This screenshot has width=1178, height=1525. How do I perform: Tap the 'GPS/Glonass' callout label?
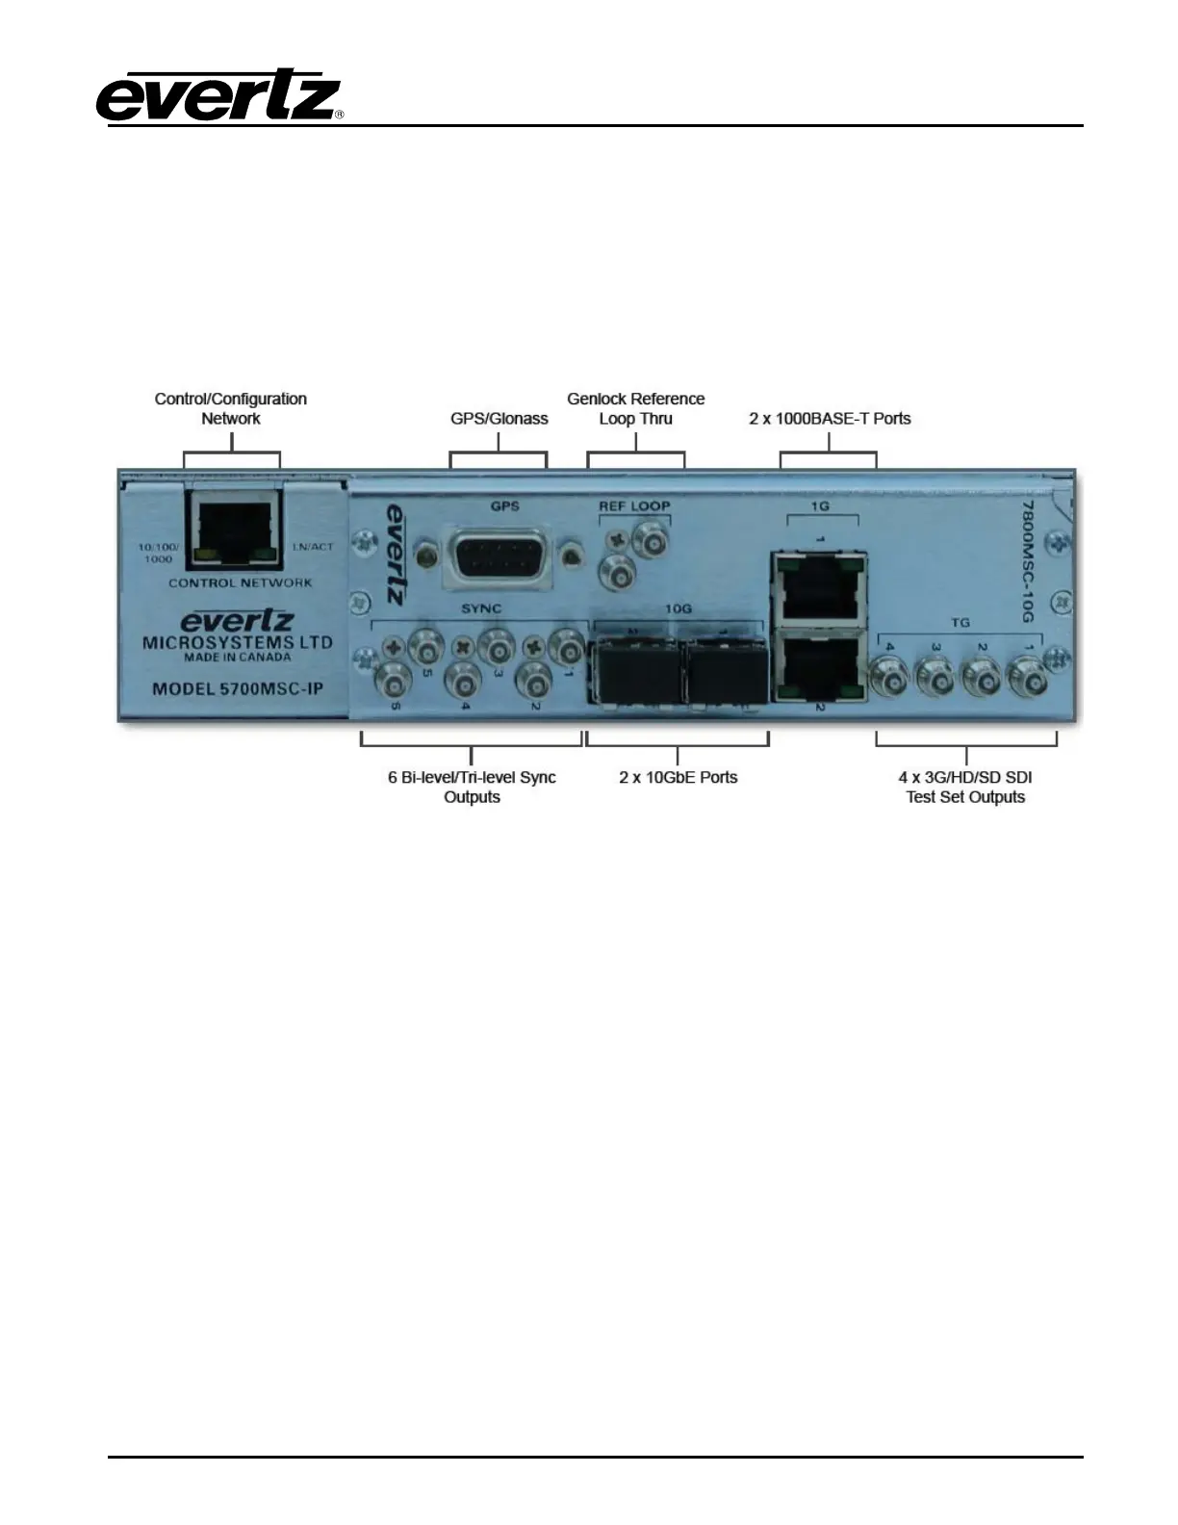point(499,419)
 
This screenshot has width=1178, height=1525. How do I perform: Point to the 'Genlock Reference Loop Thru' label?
point(635,408)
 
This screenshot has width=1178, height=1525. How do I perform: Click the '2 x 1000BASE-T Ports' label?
point(830,419)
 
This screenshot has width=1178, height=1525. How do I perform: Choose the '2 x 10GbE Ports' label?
point(678,777)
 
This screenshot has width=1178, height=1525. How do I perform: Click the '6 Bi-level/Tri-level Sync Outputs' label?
point(472,787)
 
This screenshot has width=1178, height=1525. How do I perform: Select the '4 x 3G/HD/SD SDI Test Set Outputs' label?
point(965,787)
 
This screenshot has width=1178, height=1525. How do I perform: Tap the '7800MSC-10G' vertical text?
point(1026,559)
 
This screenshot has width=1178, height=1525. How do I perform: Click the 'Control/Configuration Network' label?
point(231,408)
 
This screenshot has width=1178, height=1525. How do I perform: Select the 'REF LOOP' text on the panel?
point(634,505)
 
